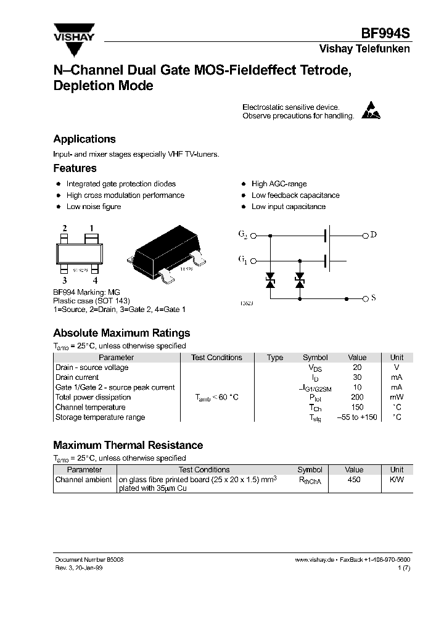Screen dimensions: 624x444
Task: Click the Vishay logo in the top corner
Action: pyautogui.click(x=73, y=32)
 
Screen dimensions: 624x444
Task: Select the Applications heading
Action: pyautogui.click(x=84, y=139)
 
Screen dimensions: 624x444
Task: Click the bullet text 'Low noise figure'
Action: pyautogui.click(x=94, y=207)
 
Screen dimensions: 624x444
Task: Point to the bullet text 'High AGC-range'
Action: pyautogui.click(x=279, y=184)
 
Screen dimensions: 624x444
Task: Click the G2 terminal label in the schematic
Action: pyautogui.click(x=242, y=235)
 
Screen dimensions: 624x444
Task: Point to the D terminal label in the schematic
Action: pyautogui.click(x=373, y=235)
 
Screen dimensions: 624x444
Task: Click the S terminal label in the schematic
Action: pyautogui.click(x=373, y=298)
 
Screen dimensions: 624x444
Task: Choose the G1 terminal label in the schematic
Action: pyautogui.click(x=242, y=261)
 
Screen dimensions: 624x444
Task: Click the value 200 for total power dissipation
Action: pyautogui.click(x=357, y=397)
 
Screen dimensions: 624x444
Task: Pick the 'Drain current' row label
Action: pyautogui.click(x=77, y=377)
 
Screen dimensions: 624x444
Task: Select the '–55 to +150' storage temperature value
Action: pyautogui.click(x=357, y=417)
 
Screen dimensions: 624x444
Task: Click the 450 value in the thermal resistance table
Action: pyautogui.click(x=354, y=479)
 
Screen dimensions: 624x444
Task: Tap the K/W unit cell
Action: pyautogui.click(x=397, y=479)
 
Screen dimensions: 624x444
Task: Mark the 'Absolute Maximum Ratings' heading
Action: pyautogui.click(x=121, y=333)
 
